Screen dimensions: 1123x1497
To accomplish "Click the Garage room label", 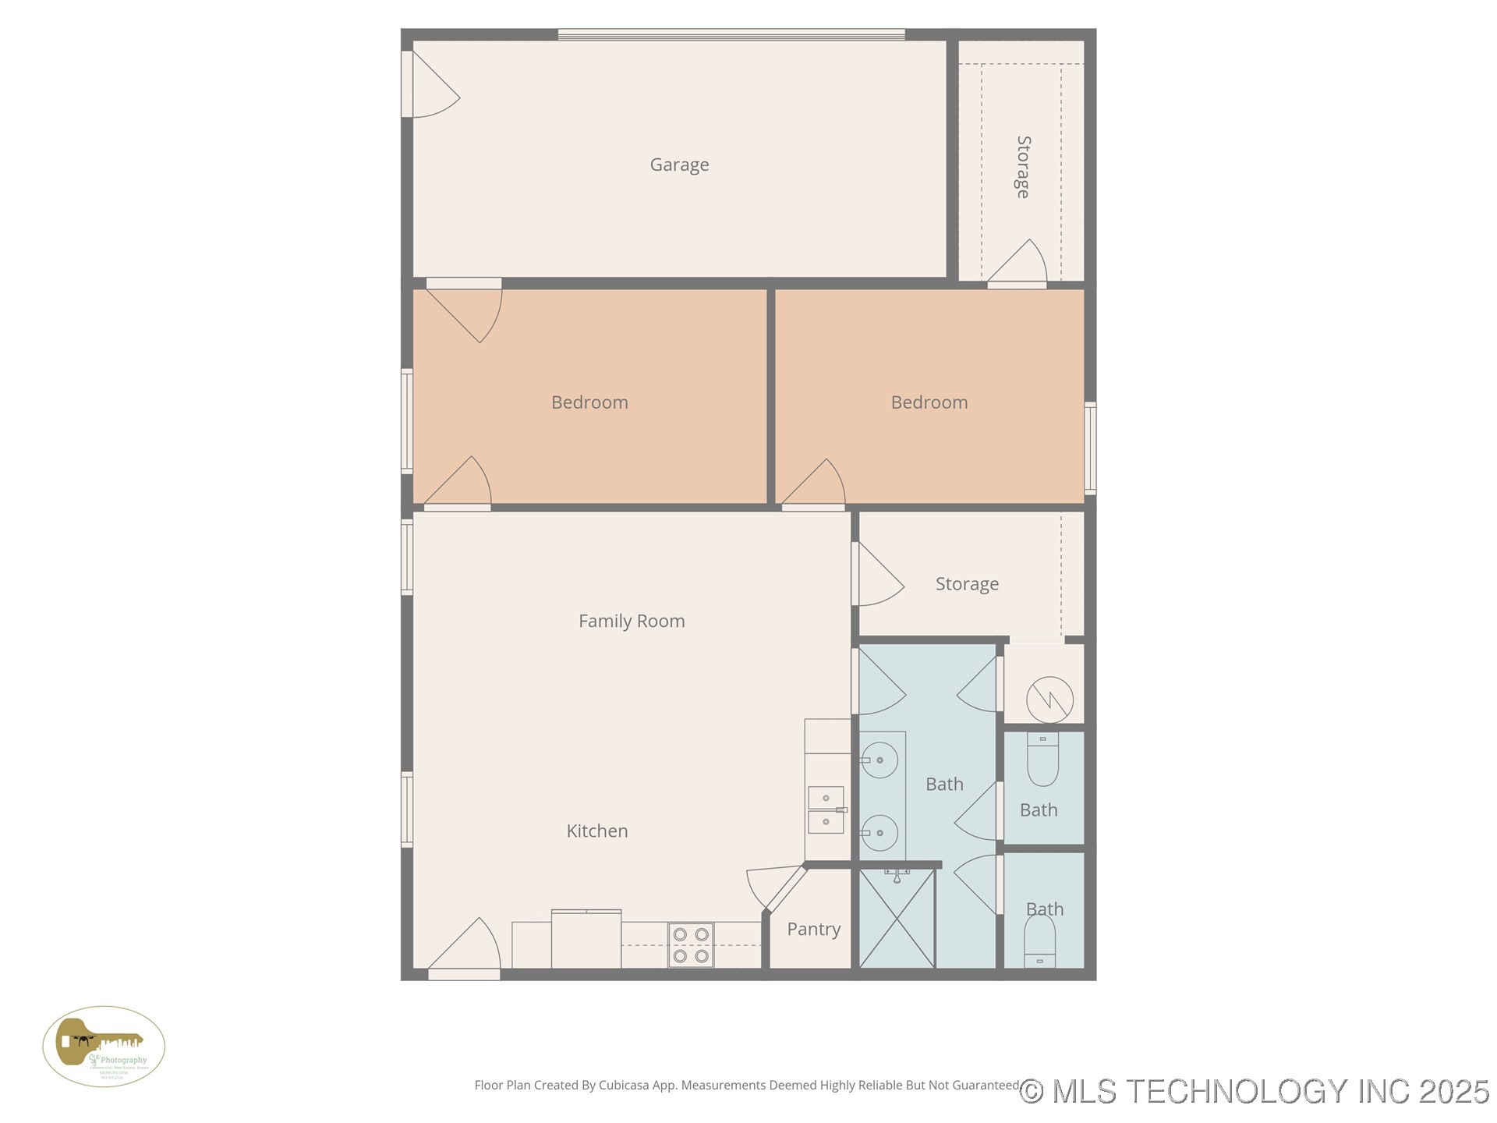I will click(x=679, y=165).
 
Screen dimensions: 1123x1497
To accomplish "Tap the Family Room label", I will click(x=632, y=621).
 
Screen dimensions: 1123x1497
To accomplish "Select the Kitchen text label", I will click(x=597, y=831).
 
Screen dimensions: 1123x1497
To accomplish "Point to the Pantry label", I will click(x=813, y=929).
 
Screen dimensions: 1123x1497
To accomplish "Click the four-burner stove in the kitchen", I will click(x=691, y=944).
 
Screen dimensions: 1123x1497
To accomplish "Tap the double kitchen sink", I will click(x=826, y=810).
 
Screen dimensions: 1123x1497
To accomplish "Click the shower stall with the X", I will click(x=897, y=919).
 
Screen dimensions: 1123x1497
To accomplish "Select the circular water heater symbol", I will click(x=1049, y=700).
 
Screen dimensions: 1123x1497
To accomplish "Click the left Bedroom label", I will click(x=589, y=402).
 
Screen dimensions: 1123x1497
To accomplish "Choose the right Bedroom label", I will click(x=929, y=402).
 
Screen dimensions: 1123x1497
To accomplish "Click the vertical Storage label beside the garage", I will click(x=1024, y=167).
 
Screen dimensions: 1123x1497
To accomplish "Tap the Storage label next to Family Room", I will click(x=967, y=584).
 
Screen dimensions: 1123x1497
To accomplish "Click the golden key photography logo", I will click(x=104, y=1047).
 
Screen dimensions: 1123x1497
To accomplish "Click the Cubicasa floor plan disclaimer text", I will click(x=746, y=1085).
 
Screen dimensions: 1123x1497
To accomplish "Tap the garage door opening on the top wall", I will click(x=731, y=34).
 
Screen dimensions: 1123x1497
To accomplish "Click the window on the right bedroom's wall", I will click(x=1090, y=448).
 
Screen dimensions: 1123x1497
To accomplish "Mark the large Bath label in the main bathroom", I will click(x=944, y=784).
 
